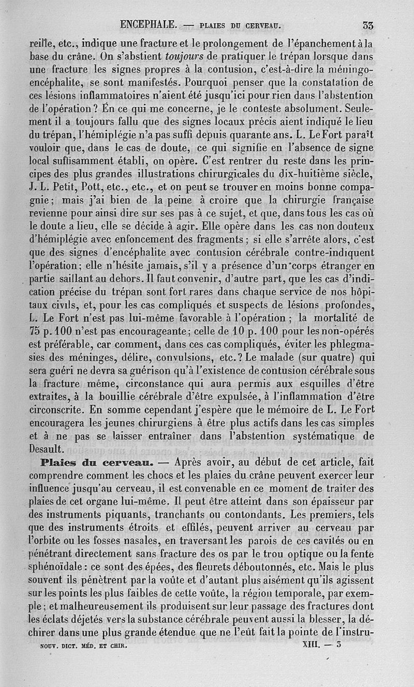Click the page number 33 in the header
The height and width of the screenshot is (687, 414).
click(x=368, y=24)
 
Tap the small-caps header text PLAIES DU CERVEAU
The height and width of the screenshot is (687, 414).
click(x=240, y=25)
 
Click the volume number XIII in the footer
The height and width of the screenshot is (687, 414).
click(x=313, y=646)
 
